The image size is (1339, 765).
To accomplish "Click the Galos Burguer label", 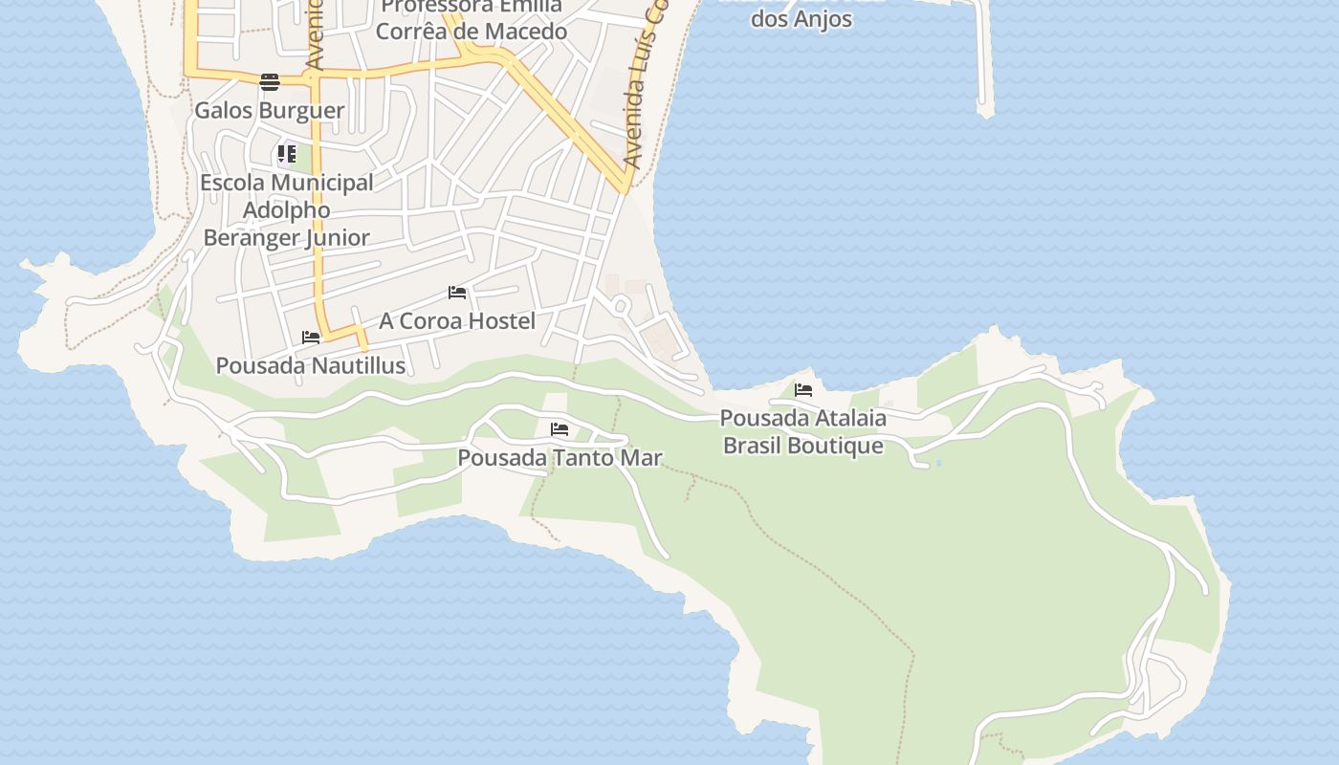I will pos(269,110).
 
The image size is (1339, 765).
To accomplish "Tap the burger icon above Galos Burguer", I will pos(270,81).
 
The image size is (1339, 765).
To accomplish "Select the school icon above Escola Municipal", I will pos(287,153).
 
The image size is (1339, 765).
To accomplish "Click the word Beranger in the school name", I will pos(244,238).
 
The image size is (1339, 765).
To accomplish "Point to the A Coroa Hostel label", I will pos(457,320).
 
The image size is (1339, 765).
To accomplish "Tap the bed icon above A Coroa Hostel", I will pos(457,293).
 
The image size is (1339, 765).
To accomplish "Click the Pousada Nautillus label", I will pos(310,365).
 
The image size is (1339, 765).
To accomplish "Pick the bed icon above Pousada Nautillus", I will pos(311,338).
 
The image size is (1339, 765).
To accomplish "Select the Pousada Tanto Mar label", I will pos(560,458).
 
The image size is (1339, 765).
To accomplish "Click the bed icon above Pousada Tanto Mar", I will pos(560,429).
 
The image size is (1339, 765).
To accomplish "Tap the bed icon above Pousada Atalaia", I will pos(803,390).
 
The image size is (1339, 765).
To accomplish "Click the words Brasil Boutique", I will pos(802,446).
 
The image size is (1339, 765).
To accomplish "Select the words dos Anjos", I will pos(801,19).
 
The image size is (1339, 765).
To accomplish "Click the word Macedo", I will pos(527,32).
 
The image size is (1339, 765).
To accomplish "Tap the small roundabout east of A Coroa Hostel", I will pos(620,306).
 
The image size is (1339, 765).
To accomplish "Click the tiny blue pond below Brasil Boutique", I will pos(938,463).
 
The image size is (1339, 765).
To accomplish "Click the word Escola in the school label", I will pos(231,183).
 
